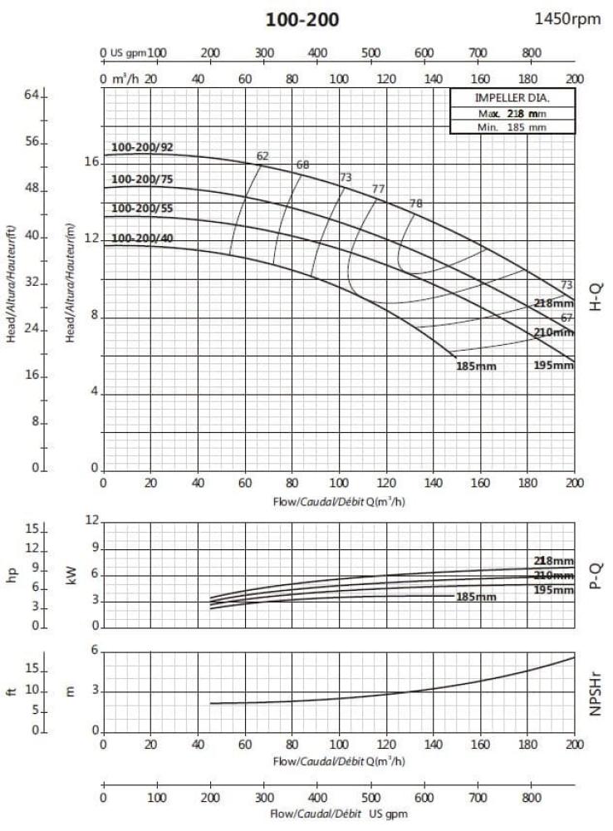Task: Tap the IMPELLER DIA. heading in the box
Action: click(512, 99)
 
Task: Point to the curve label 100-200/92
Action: click(142, 148)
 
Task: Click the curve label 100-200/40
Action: click(142, 238)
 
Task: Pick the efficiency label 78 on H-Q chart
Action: click(416, 204)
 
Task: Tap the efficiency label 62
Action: click(262, 156)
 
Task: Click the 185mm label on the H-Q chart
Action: click(476, 366)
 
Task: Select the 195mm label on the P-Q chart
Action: click(553, 590)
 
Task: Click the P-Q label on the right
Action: click(596, 575)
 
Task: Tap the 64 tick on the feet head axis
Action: click(32, 96)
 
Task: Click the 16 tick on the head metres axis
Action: click(91, 162)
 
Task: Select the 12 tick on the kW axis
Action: click(93, 521)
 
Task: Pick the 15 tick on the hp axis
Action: click(32, 529)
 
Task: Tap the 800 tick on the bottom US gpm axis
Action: click(531, 798)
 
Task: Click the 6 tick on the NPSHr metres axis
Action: click(96, 651)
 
